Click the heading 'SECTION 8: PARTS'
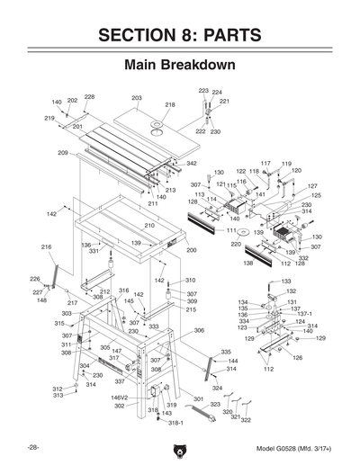[180, 35]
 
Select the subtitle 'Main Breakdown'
[180, 67]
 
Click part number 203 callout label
[137, 98]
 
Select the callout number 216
[46, 247]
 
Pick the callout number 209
[63, 153]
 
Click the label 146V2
[119, 397]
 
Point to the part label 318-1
[175, 422]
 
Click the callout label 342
[192, 164]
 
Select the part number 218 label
[170, 105]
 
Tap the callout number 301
[199, 398]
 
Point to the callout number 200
[191, 250]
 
